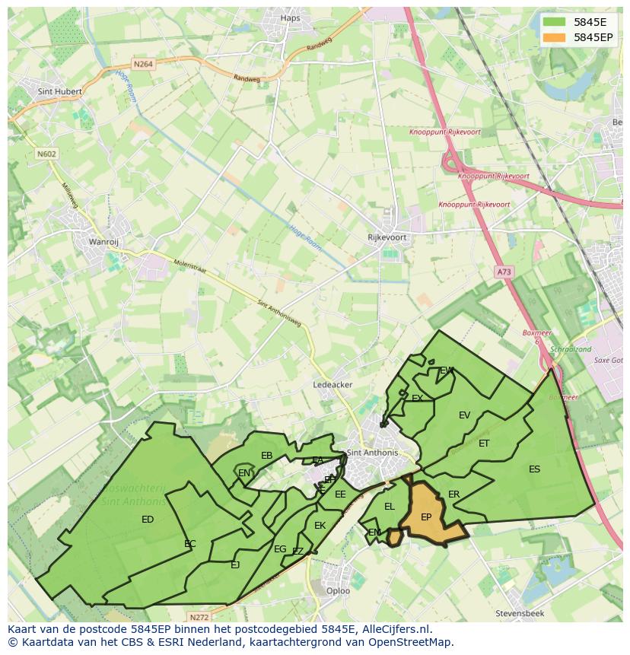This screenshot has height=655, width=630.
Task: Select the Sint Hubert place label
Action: (x=59, y=91)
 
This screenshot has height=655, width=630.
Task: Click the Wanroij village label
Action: (x=105, y=243)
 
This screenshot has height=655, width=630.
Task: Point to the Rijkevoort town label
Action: (x=387, y=237)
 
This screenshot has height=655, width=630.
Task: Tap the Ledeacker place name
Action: (x=332, y=385)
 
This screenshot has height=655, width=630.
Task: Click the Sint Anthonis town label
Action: (x=372, y=453)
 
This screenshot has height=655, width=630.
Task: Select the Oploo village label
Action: (x=338, y=590)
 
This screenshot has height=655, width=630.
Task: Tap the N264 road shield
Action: (x=143, y=65)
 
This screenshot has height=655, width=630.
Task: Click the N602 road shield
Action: (x=46, y=154)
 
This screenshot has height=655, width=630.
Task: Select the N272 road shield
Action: (x=199, y=617)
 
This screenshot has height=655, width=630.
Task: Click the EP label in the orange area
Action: (x=426, y=517)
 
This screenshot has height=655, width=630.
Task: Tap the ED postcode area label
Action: (x=148, y=520)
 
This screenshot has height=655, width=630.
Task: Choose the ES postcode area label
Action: (x=534, y=469)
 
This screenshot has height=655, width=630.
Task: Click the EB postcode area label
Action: (x=266, y=456)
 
